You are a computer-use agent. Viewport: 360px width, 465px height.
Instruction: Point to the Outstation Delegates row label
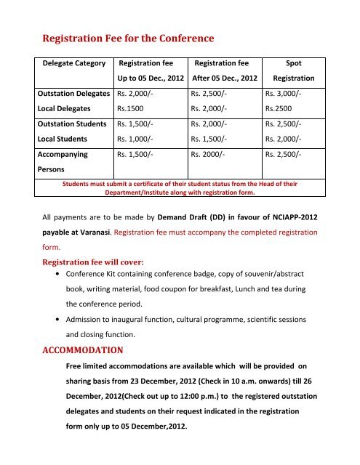click(75, 93)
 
